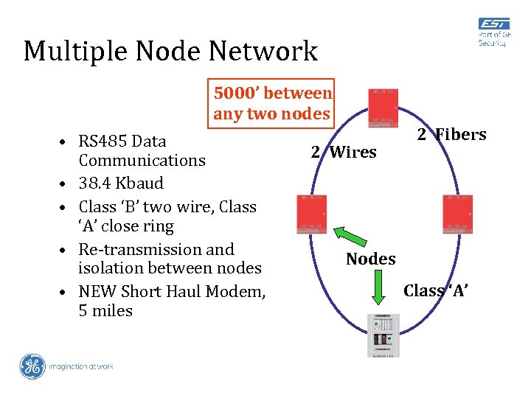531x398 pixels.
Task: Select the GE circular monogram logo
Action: coord(32,366)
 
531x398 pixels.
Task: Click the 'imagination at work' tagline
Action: coord(81,366)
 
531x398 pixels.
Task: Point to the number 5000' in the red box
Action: coord(235,94)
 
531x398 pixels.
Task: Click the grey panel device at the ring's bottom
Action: coord(383,335)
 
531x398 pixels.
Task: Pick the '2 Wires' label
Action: coord(343,153)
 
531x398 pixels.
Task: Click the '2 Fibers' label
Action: coord(451,135)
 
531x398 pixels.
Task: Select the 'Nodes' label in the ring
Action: coord(370,259)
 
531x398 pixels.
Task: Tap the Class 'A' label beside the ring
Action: coord(436,291)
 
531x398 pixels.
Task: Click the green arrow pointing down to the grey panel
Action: coord(378,287)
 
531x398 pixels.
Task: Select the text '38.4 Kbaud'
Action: coord(121,183)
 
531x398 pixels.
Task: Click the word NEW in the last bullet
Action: coord(96,292)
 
